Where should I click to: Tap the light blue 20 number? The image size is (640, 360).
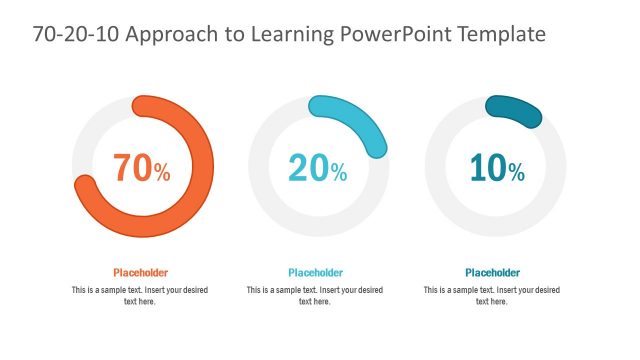[x=308, y=168]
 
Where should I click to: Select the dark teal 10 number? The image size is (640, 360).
[x=487, y=168]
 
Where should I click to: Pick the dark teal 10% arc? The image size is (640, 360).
[x=514, y=111]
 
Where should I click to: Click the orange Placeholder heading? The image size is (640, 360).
[x=140, y=272]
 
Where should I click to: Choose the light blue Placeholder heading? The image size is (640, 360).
[x=316, y=272]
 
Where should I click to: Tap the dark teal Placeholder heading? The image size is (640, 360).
[x=493, y=272]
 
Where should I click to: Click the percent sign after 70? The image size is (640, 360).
[x=162, y=172]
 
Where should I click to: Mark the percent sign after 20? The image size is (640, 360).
[x=339, y=172]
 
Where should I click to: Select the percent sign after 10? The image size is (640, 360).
[x=516, y=172]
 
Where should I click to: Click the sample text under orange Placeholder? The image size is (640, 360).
[x=140, y=295]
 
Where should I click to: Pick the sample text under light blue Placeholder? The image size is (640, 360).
[x=316, y=295]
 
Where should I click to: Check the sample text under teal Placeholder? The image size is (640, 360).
[x=493, y=295]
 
